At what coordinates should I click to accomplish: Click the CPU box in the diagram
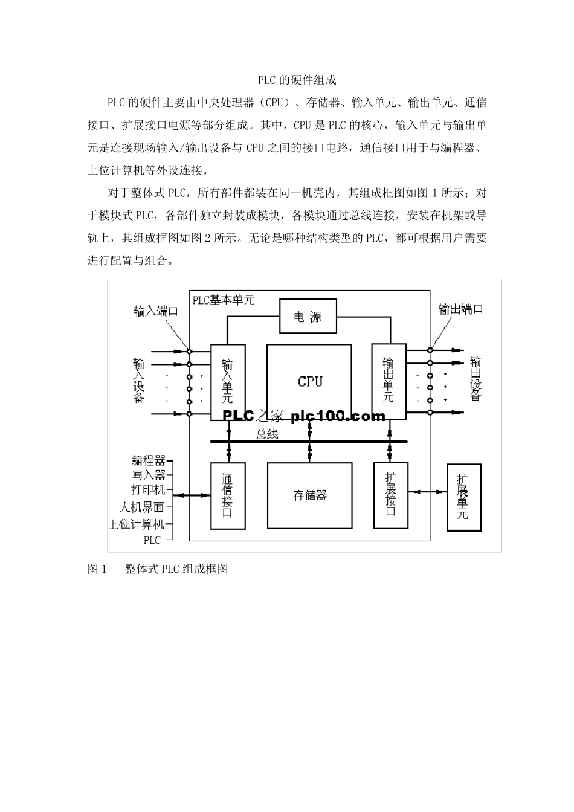[309, 381]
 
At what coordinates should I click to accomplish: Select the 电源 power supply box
[308, 316]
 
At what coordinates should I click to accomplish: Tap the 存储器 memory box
[310, 495]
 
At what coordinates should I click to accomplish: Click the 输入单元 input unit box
[228, 382]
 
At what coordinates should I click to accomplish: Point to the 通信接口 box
[228, 495]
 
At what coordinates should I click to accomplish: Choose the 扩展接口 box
[391, 495]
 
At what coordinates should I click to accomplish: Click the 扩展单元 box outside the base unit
[463, 497]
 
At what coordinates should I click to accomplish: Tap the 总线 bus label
[267, 434]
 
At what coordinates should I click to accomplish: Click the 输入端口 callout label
[156, 311]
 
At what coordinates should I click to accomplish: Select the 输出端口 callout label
[461, 309]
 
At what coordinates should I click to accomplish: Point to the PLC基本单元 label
[223, 300]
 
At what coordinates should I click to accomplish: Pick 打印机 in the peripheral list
[149, 489]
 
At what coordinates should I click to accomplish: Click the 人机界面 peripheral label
[143, 507]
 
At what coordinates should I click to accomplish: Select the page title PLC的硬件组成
[297, 80]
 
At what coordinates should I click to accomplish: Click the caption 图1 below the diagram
[97, 569]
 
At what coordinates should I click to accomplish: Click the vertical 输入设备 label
[139, 381]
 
